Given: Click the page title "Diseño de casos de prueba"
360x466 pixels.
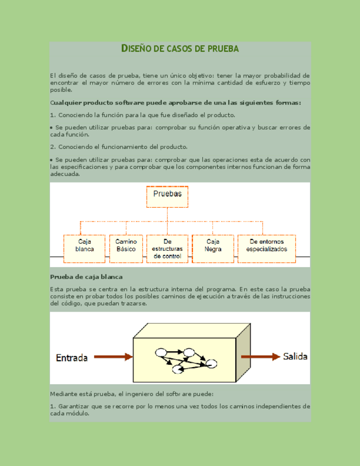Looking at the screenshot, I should (180, 49).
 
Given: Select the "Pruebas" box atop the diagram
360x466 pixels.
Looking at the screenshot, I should (167, 197).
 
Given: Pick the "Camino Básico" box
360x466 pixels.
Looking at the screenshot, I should (126, 249).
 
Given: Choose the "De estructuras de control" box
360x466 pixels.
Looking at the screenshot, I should (168, 249).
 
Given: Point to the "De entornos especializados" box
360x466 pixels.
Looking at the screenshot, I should (266, 249).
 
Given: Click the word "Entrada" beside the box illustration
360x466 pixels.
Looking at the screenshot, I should (71, 358).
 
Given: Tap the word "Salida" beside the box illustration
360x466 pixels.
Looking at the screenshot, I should (295, 357).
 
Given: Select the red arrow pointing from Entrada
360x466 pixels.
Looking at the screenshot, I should (113, 357).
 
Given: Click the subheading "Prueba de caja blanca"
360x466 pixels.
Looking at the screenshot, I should (86, 277).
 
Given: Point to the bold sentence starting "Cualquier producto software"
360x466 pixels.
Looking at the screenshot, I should (175, 103).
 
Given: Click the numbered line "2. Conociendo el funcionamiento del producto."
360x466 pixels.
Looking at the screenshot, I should (119, 147).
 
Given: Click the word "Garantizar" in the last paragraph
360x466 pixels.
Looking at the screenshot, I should (74, 406).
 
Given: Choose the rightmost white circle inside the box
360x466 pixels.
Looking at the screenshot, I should (212, 363).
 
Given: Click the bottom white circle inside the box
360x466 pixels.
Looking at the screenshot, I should (178, 369).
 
